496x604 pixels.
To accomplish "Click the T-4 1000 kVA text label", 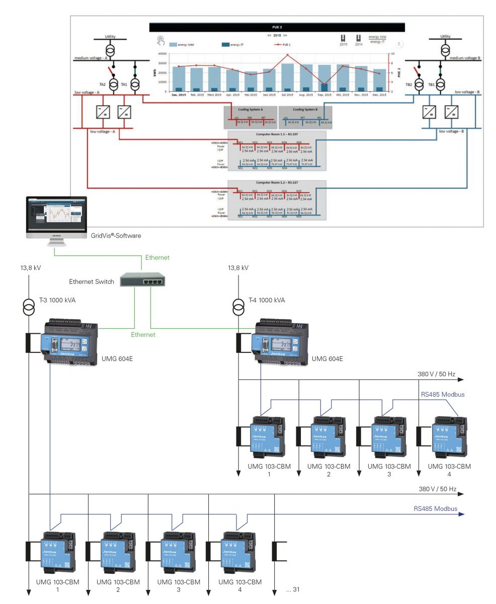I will (267, 300).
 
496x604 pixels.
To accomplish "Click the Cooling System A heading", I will (250, 109).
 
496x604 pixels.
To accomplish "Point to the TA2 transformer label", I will (103, 85).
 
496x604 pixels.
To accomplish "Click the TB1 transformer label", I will (431, 85).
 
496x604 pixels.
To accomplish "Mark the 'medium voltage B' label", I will (465, 58).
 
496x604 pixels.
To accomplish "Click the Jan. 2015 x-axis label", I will (179, 94).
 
